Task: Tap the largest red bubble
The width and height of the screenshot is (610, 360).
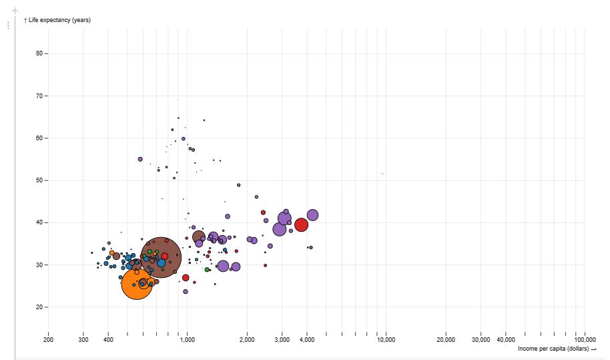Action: tap(301, 224)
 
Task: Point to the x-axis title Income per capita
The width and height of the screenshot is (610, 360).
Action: tap(553, 349)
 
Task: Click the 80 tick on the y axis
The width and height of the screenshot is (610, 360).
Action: tap(40, 53)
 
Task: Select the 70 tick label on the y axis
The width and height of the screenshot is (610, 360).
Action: tap(40, 96)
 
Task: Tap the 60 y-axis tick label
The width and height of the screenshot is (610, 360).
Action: tap(40, 138)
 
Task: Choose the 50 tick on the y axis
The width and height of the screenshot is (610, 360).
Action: tap(40, 180)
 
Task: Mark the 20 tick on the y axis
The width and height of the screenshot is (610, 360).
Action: tap(40, 307)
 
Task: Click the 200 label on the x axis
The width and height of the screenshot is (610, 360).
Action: tap(48, 339)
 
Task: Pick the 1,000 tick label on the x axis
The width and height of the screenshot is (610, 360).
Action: tap(187, 339)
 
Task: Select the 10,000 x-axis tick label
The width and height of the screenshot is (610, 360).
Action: tap(386, 339)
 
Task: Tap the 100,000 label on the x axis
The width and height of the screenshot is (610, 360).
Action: tap(585, 339)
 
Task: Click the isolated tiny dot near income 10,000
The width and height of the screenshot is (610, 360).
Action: tap(382, 174)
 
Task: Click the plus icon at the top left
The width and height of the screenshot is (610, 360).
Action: tap(15, 11)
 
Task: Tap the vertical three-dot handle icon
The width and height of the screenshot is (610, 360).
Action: tap(8, 25)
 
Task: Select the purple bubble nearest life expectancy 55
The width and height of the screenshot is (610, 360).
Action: tap(140, 159)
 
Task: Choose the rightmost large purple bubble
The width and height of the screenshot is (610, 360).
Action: tap(312, 215)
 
